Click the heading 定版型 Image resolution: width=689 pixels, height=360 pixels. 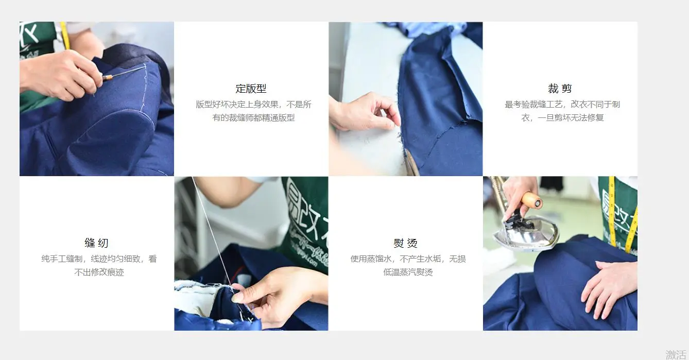(251, 89)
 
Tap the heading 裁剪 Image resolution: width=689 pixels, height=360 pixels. (560, 89)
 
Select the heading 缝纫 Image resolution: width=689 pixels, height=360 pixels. (97, 243)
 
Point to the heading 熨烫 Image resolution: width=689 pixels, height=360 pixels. (405, 243)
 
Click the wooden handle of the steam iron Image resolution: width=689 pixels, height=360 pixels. (531, 200)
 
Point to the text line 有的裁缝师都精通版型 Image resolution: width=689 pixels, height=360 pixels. (253, 117)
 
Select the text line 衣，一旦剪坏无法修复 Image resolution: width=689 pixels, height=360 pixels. (562, 117)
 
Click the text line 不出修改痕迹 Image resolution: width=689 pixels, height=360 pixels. (99, 272)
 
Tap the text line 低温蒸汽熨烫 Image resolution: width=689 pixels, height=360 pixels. (408, 272)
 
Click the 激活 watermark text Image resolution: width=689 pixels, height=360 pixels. (676, 354)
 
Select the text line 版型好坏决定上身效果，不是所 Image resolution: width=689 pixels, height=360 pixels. (253, 105)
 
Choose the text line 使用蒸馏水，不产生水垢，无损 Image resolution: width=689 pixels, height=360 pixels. (408, 259)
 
